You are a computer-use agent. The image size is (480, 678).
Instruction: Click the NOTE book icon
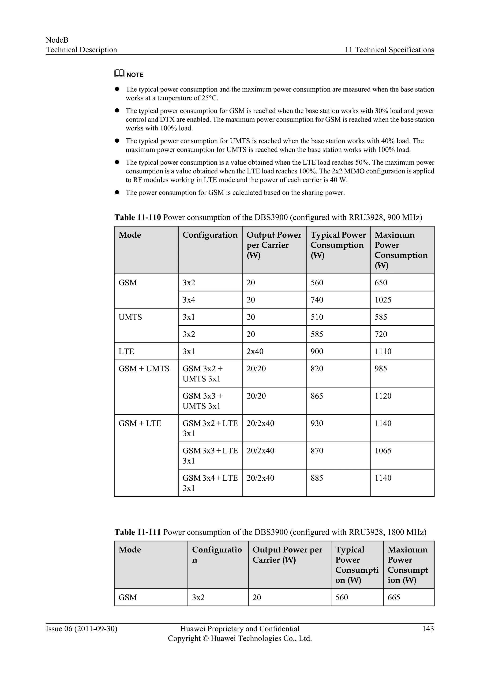[x=119, y=73]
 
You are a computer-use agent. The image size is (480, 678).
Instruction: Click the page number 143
[x=428, y=628]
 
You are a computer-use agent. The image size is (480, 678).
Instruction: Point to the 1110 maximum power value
[x=383, y=351]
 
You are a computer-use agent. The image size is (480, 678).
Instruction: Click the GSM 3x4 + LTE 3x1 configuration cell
[x=210, y=483]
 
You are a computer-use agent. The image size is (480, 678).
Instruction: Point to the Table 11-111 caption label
[x=137, y=532]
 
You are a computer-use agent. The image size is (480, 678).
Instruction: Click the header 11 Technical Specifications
[x=389, y=50]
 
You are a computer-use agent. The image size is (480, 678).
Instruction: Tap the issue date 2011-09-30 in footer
[x=96, y=629]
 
